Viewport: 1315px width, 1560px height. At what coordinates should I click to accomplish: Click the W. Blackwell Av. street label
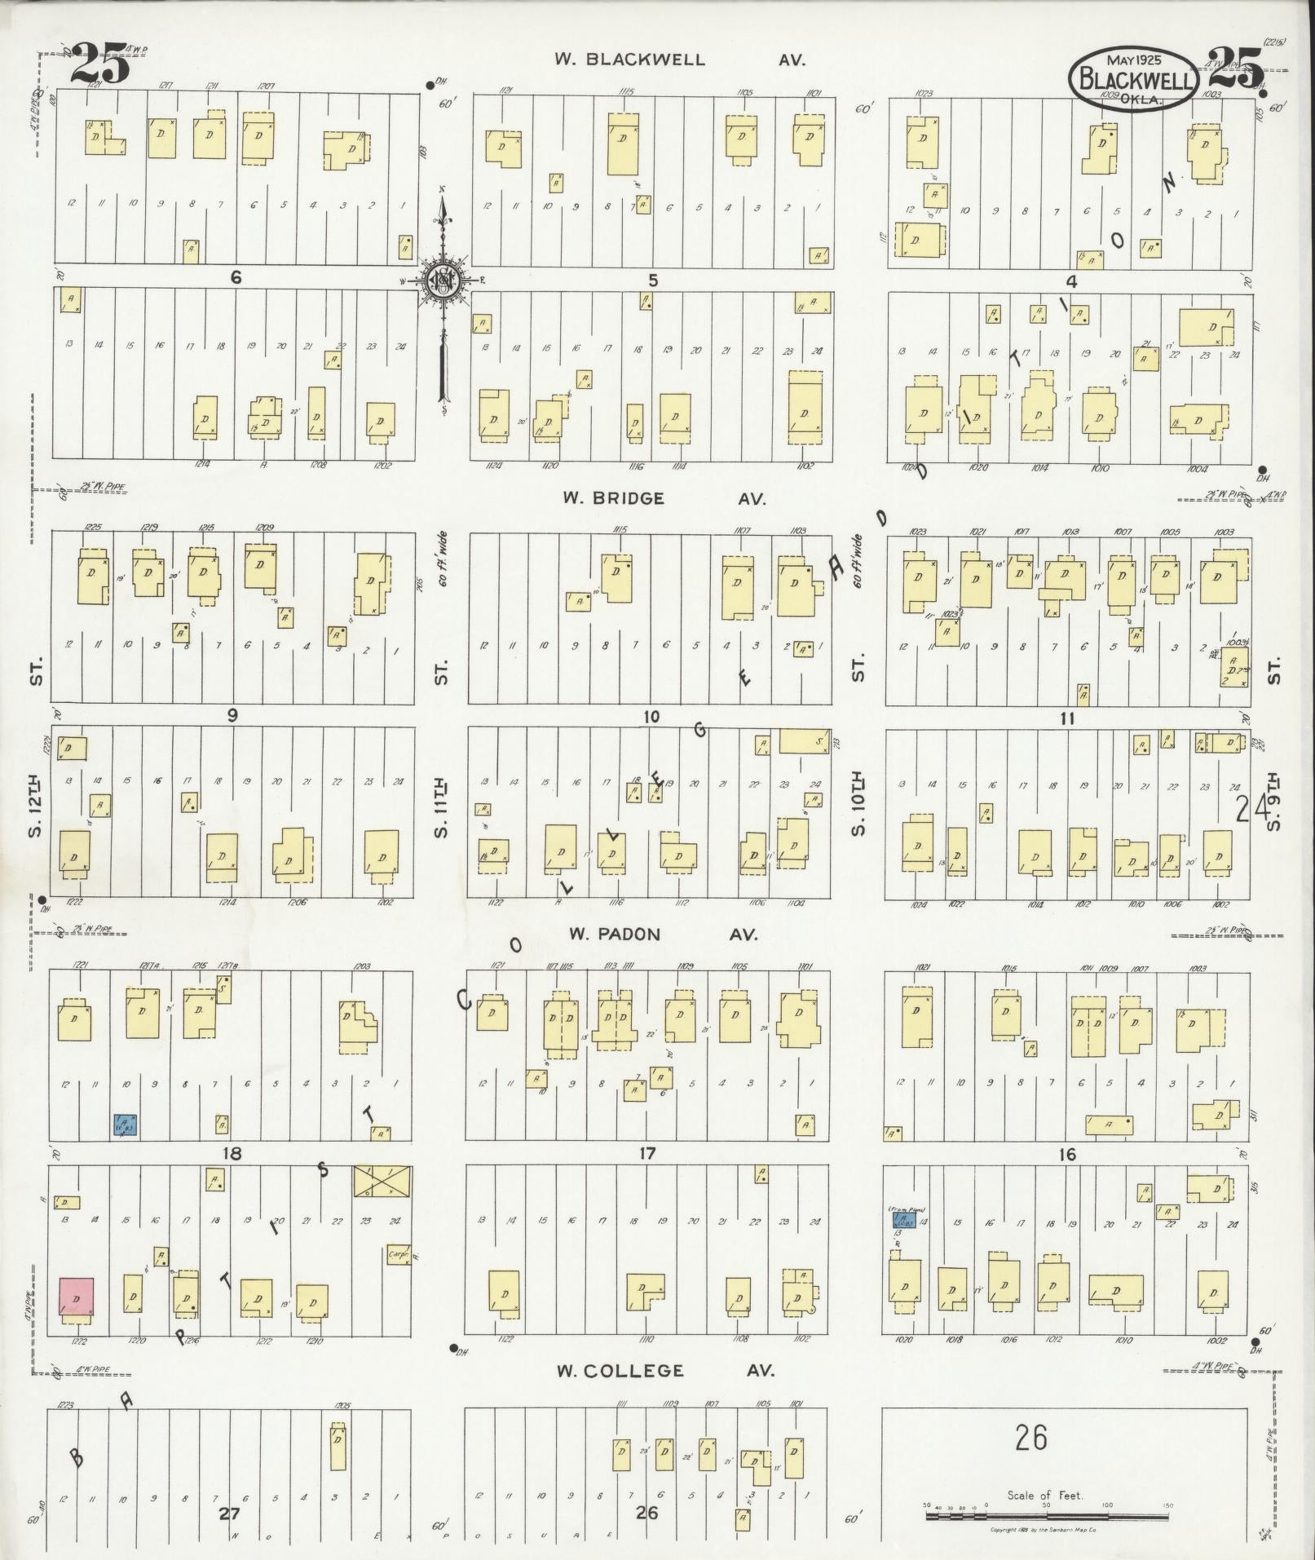click(x=679, y=60)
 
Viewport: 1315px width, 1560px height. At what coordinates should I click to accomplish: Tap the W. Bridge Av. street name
click(x=661, y=499)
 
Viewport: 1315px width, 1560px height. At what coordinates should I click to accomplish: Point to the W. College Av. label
click(x=665, y=1371)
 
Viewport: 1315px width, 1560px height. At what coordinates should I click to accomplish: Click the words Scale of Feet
click(x=1045, y=1496)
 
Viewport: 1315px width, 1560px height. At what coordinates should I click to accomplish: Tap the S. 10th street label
click(x=858, y=807)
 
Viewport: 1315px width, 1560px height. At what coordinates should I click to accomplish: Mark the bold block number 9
click(x=233, y=715)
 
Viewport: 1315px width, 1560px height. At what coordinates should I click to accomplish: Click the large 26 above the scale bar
click(x=1030, y=1438)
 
